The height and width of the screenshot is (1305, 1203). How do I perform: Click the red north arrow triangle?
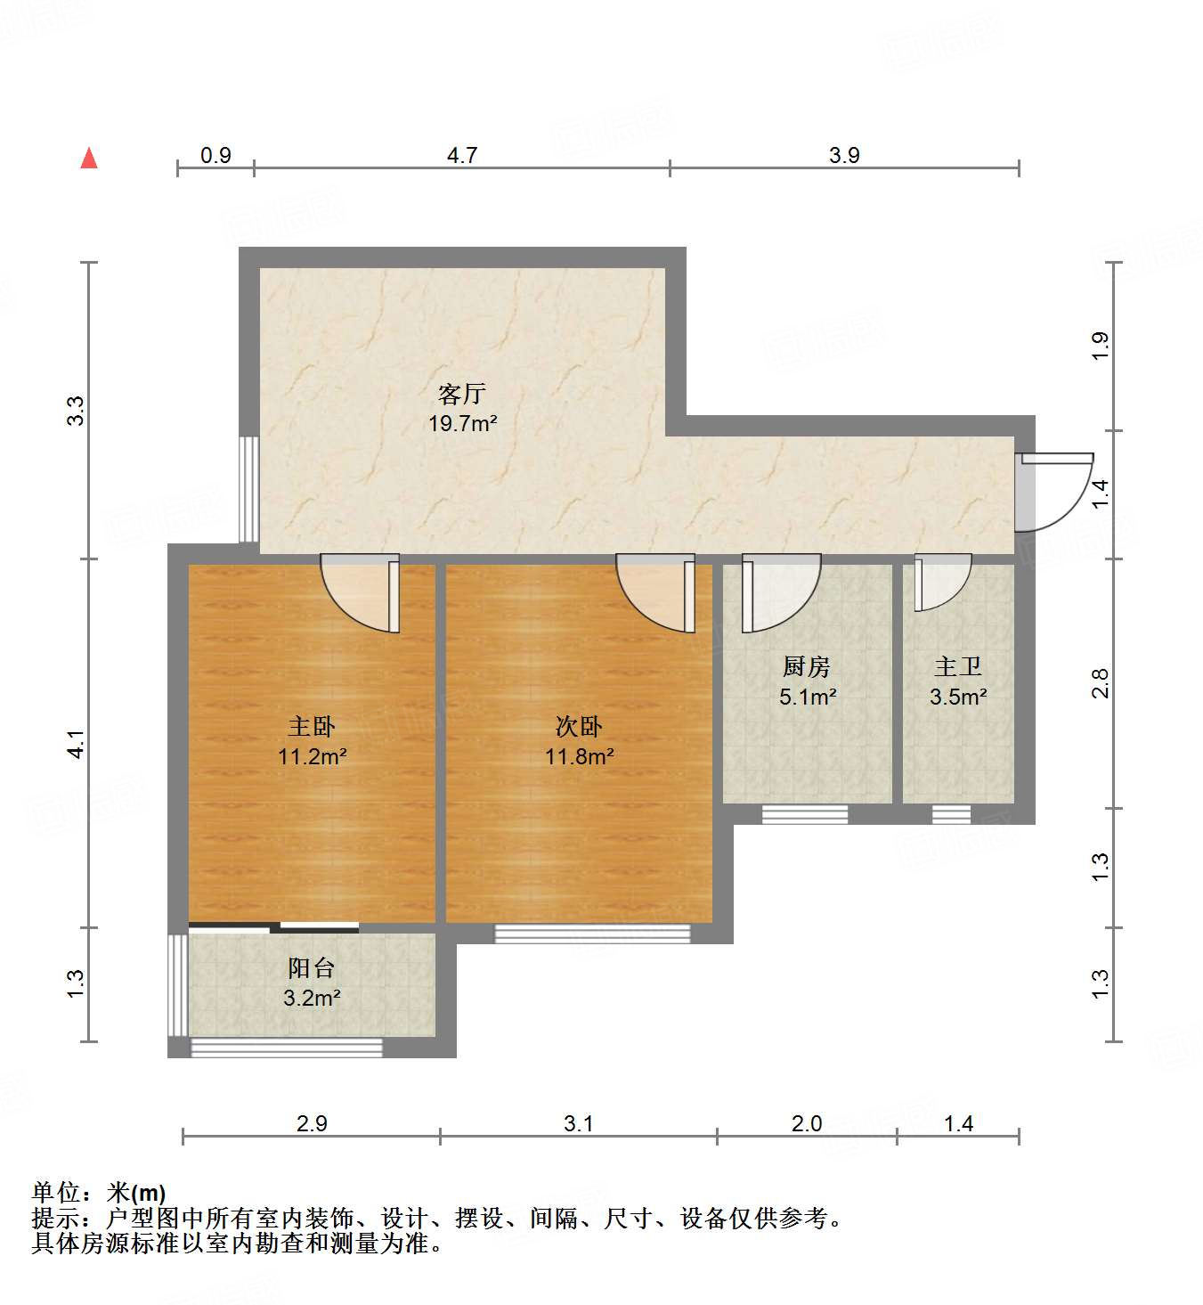(x=89, y=159)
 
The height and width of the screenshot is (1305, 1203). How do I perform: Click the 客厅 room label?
(x=462, y=393)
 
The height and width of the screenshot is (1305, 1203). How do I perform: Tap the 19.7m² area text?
(x=462, y=423)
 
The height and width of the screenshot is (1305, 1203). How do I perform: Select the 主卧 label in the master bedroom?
(x=312, y=726)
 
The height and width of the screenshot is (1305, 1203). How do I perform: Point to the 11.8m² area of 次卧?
(x=579, y=757)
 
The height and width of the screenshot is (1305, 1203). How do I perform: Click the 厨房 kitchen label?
(x=807, y=665)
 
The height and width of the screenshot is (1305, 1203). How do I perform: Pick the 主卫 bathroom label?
(x=958, y=665)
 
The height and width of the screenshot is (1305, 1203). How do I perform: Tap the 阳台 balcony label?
(x=312, y=967)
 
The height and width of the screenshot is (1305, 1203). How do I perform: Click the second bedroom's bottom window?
(x=592, y=934)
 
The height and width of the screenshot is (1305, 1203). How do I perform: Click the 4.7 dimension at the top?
(x=462, y=155)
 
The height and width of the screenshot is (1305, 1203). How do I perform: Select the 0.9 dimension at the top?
(x=215, y=155)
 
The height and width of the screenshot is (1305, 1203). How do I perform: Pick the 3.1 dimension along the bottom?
(x=579, y=1123)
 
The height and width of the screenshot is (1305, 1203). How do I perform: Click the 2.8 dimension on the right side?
(x=1101, y=683)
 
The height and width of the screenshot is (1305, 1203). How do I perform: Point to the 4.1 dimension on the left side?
(x=77, y=744)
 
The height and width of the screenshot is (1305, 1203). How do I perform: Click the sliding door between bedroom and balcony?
(x=274, y=927)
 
